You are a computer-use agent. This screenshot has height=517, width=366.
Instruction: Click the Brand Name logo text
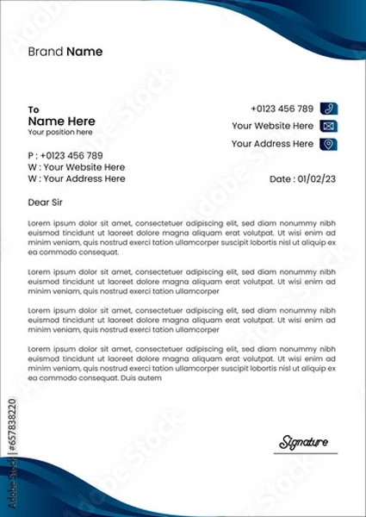click(x=65, y=52)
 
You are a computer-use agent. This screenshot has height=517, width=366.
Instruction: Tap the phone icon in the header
click(x=328, y=109)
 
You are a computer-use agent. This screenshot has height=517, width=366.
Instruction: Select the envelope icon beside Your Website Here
click(x=328, y=126)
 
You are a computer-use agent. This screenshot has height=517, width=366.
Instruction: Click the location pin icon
click(x=328, y=144)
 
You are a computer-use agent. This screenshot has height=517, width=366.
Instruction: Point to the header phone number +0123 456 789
click(x=282, y=109)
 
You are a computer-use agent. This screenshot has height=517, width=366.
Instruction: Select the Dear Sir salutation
click(x=46, y=202)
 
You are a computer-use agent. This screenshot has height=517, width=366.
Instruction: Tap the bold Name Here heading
click(x=61, y=121)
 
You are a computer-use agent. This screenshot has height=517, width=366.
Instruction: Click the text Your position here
click(x=59, y=133)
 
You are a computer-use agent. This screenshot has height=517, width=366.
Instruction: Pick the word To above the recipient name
click(x=34, y=109)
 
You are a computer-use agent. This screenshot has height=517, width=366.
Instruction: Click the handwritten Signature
click(x=303, y=443)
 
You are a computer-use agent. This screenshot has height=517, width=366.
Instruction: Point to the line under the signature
click(x=308, y=453)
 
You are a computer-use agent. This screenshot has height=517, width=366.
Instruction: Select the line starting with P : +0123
click(x=65, y=155)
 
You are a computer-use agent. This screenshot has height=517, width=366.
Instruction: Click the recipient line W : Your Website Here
click(x=77, y=167)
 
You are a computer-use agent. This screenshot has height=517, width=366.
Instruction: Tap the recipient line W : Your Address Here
click(x=77, y=179)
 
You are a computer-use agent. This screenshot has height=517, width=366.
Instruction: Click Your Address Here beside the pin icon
click(x=272, y=144)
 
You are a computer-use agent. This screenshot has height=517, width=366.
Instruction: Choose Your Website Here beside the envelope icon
click(x=272, y=126)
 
